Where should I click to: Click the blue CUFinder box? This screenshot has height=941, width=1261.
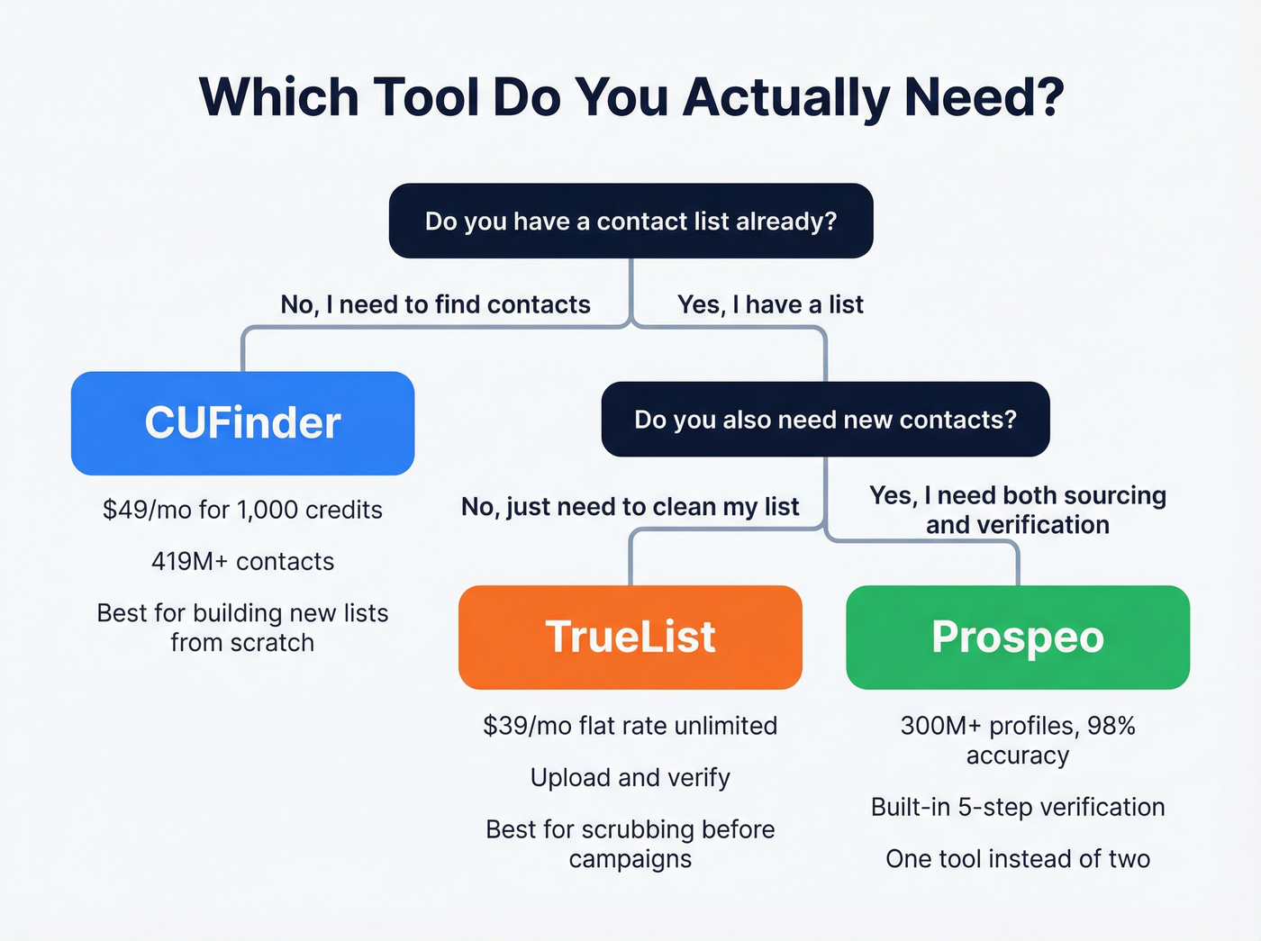tap(242, 423)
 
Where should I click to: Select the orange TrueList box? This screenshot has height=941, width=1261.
tap(630, 638)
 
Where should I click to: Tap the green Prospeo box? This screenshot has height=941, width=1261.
tap(1018, 638)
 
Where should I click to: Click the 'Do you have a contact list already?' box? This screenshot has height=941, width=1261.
tap(630, 222)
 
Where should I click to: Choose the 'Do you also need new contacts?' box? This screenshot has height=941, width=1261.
tap(825, 420)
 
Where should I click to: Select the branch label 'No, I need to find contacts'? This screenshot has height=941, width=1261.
tap(435, 304)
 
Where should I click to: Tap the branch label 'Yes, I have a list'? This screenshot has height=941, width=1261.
tap(770, 304)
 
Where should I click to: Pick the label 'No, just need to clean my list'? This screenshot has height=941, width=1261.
tap(630, 507)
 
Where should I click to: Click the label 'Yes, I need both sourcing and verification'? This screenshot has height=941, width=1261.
tap(1018, 510)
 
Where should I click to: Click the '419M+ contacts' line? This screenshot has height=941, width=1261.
tap(242, 562)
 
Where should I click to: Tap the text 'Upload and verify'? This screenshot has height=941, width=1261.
tap(630, 778)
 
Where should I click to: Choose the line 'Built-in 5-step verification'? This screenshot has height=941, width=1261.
tap(1018, 807)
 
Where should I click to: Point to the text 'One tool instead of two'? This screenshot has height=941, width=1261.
tap(1018, 859)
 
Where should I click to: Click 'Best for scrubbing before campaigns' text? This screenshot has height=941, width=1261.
tap(630, 844)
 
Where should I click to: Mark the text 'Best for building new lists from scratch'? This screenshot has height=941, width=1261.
tap(242, 628)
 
